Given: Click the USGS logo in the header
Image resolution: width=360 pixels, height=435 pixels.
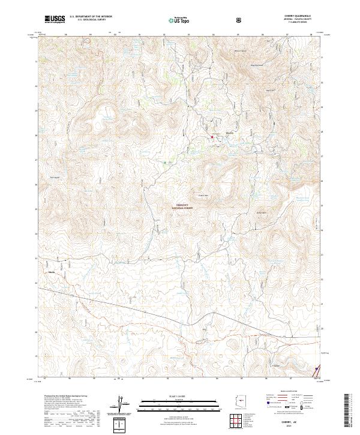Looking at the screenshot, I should (x=55, y=19).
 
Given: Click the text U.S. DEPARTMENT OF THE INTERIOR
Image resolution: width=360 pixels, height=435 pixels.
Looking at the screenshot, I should (x=89, y=17).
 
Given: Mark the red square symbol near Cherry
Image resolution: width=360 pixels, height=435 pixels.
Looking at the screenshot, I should (x=212, y=137).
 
